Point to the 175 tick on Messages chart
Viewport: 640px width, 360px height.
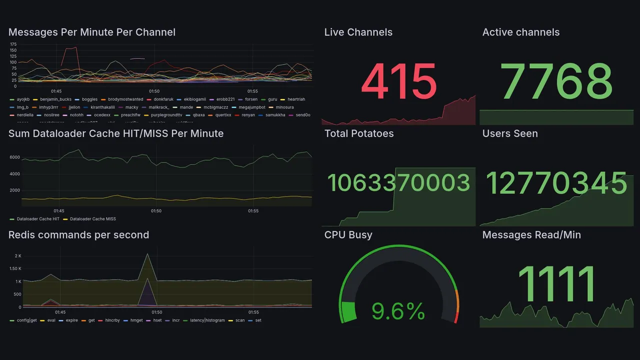coord(13,44)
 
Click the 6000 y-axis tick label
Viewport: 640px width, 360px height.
coord(14,157)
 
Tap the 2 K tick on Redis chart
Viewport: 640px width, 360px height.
coord(18,256)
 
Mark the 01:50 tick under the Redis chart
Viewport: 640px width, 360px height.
coord(156,312)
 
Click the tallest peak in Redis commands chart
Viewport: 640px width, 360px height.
coord(147,254)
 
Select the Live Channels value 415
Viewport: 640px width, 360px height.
coord(398,81)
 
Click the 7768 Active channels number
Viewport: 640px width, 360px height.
coord(557,81)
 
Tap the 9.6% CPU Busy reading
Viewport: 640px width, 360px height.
coord(398,312)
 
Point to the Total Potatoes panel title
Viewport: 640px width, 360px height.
coord(359,133)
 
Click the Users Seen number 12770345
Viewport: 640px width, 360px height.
coord(556,183)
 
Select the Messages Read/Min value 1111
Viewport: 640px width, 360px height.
coord(556,284)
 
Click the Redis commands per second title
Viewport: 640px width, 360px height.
coord(78,235)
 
